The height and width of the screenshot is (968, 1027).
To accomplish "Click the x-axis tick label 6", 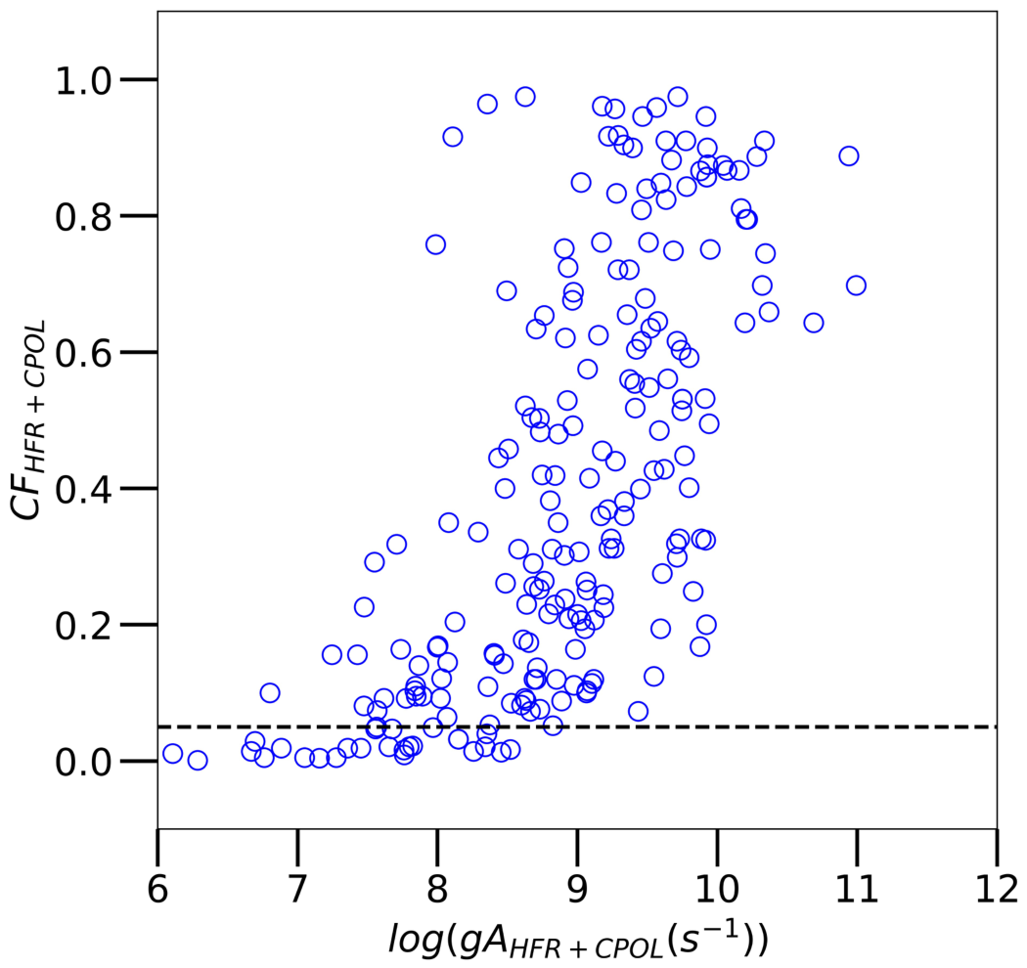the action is pos(157,889).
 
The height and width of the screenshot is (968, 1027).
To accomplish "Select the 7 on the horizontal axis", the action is pos(298,889).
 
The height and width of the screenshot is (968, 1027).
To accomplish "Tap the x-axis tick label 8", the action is pos(437,889).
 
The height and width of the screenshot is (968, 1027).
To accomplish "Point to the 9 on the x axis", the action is pos(578,889).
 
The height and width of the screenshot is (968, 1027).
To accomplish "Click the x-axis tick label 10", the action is pos(717,889).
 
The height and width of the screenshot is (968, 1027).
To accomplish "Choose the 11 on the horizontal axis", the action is pos(858,889).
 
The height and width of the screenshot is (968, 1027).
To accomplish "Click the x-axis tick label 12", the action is pos(997,889).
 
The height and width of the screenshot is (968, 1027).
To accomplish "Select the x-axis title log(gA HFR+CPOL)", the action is pos(578,940).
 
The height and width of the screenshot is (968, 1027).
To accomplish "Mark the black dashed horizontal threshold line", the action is pos(577,727).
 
